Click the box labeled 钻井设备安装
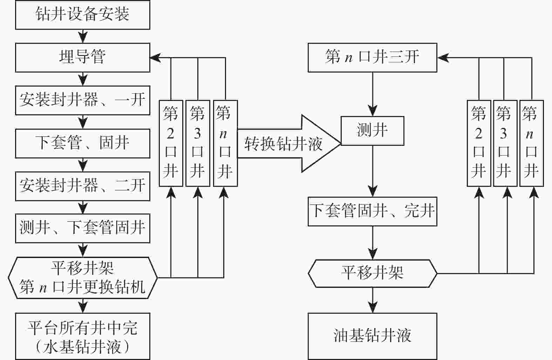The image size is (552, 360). click(82, 15)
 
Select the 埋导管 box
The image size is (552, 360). click(82, 57)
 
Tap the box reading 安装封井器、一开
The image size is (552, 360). click(82, 100)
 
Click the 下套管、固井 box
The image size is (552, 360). click(82, 143)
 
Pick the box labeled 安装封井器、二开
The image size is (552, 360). click(82, 186)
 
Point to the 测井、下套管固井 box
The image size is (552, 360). click(82, 228)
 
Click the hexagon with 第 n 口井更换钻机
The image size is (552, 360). click(82, 278)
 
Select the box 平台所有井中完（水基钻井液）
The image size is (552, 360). click(82, 336)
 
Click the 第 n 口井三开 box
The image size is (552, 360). click(372, 57)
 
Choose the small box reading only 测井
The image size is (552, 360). click(372, 131)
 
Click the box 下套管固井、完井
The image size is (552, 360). click(372, 211)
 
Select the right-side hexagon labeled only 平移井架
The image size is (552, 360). click(372, 273)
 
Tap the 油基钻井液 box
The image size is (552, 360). click(372, 336)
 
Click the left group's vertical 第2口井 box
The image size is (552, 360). click(171, 143)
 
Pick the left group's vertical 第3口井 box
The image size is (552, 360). click(198, 143)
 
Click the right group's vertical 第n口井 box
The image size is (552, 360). click(531, 143)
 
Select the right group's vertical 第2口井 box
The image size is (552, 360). click(479, 143)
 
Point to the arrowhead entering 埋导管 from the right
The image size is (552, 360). click(155, 57)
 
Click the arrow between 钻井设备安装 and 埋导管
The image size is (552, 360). click(83, 36)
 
